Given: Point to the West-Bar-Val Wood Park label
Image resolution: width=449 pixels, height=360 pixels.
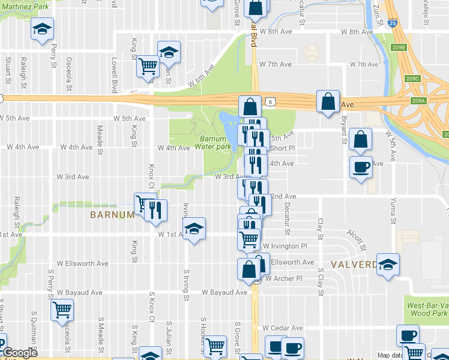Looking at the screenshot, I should [428, 310].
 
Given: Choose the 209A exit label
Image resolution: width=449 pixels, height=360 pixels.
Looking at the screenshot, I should [419, 101].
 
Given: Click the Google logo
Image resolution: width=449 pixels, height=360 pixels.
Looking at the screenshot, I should [20, 353].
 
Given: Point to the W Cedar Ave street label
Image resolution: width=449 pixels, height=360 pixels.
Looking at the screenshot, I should [283, 328].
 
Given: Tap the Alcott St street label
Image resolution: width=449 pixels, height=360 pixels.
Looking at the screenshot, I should [358, 239].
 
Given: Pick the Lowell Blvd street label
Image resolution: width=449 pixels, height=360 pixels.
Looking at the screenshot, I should [113, 75].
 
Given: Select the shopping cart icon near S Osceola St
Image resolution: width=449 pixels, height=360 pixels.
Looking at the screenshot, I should [62, 310].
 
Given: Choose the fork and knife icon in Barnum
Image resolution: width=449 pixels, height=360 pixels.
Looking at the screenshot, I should [155, 210].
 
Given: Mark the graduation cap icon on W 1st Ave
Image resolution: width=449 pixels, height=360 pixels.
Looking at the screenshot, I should [194, 229].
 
